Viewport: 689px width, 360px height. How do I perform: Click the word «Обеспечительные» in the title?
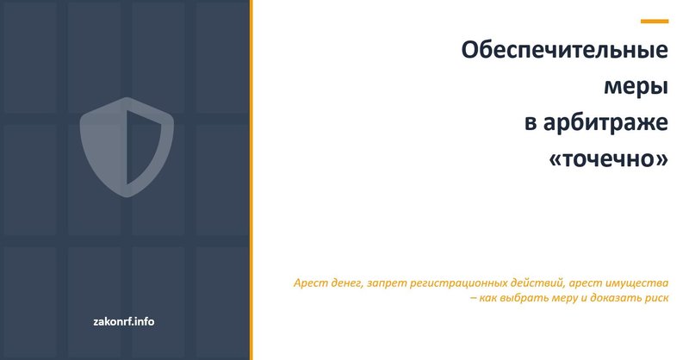click(565, 52)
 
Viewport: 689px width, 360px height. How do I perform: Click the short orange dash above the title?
click(655, 21)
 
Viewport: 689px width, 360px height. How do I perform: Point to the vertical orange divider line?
click(251, 180)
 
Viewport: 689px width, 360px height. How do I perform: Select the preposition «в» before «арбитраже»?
click(531, 125)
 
